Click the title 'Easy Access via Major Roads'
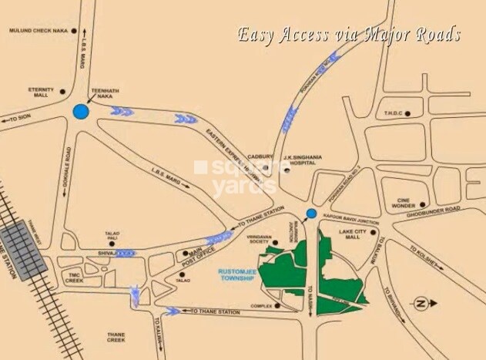pos(348,35)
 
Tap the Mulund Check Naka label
pos(38,31)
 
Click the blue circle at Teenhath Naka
pos(81,112)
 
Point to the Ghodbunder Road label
pos(434,209)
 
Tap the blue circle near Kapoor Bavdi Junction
pos(311,214)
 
